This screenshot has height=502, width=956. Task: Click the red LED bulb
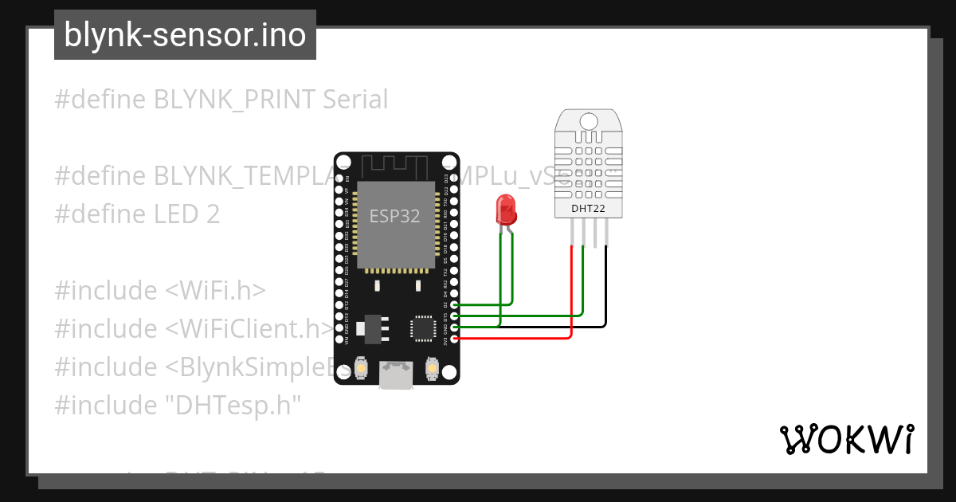point(506,209)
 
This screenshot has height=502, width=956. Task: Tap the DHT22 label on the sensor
point(588,209)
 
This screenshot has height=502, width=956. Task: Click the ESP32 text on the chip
point(394,216)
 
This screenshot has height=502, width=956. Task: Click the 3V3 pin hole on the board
point(454,339)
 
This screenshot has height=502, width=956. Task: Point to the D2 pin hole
point(454,304)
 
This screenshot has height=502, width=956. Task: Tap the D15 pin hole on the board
point(454,316)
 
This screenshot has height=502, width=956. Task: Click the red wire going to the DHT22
point(572,295)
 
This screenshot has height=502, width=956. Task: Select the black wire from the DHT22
point(606,287)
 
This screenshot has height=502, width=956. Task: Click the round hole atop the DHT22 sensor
point(588,121)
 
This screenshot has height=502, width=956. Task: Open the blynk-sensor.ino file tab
point(185,35)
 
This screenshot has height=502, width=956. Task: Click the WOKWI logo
point(846,439)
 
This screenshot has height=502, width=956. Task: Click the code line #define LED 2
point(137,214)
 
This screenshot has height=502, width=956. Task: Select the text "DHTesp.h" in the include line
point(232,405)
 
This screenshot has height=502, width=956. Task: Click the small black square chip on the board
point(421,327)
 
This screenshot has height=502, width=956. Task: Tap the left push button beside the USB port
point(361,369)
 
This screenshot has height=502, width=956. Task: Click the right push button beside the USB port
point(432,368)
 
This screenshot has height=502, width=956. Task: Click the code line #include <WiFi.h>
point(159,291)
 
